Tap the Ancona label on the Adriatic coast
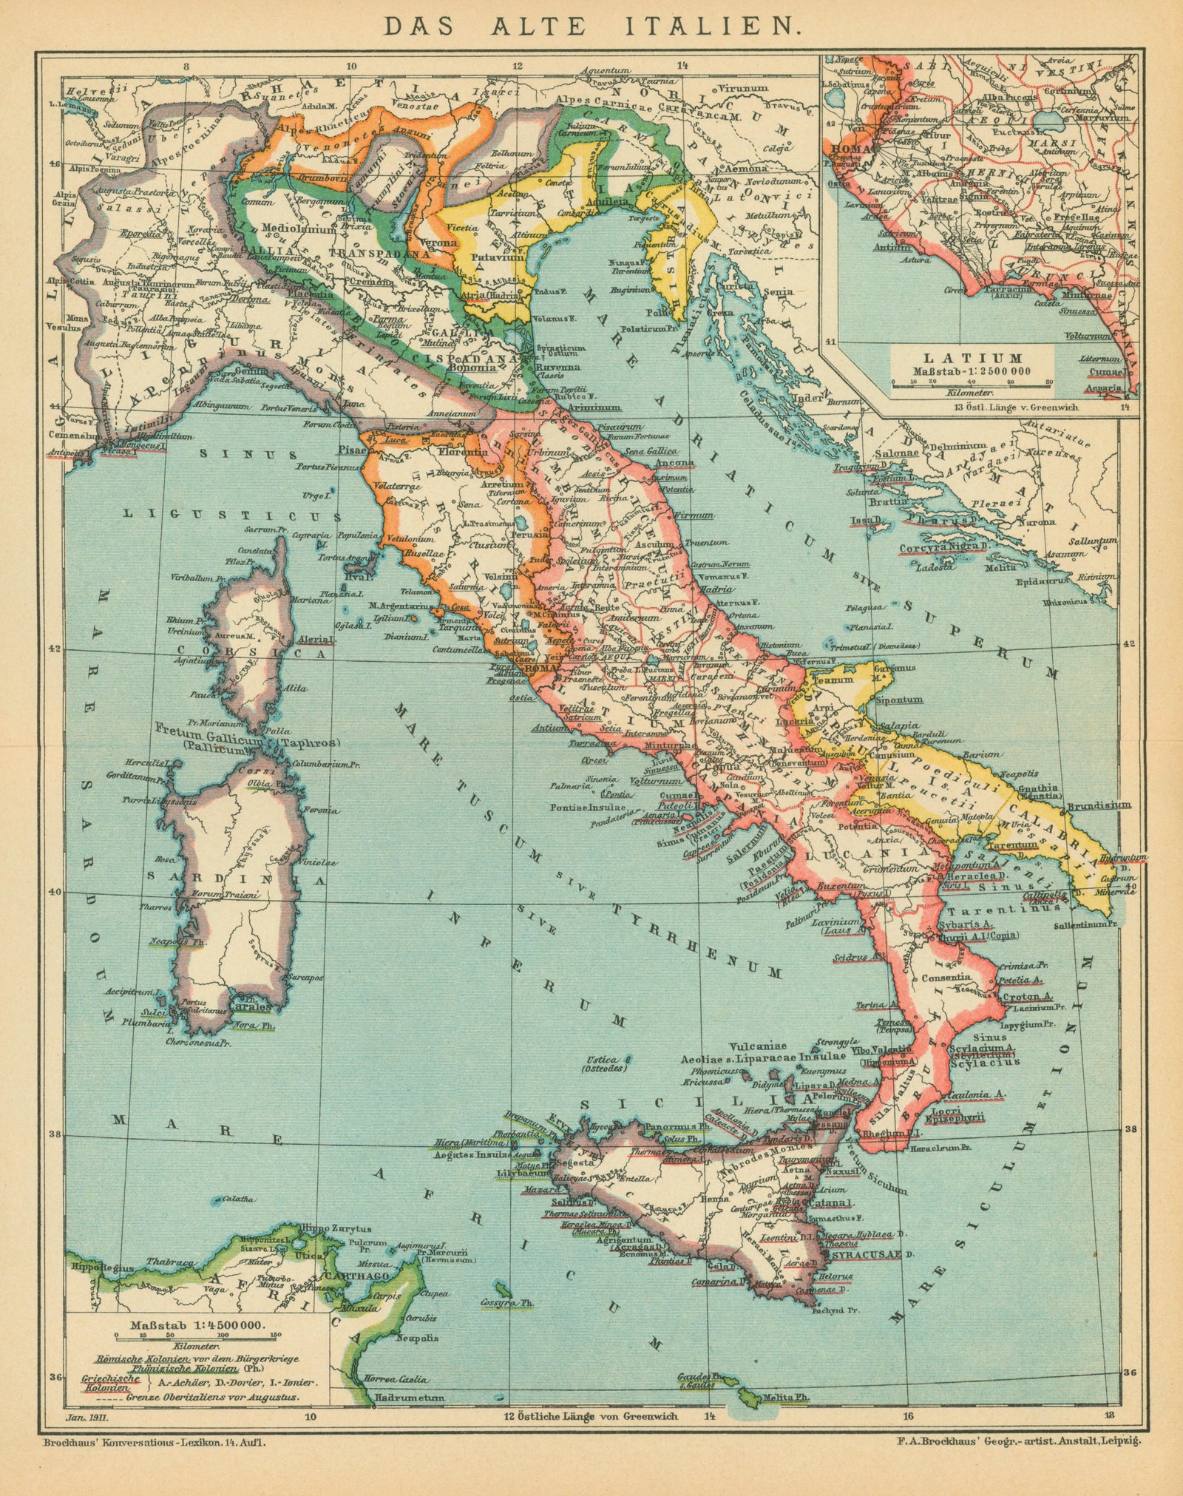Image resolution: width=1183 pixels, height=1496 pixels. click(674, 464)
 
